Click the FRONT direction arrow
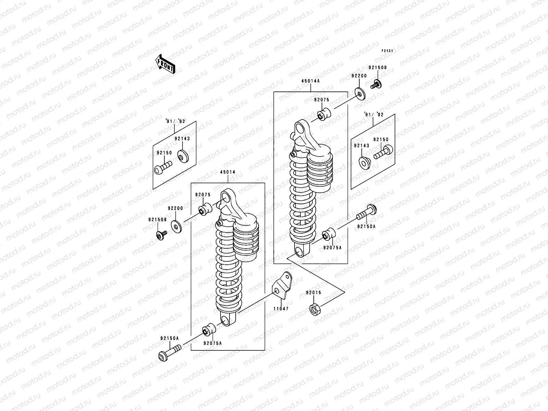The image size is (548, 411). pos(165,64)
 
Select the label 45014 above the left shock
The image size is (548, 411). pos(227,172)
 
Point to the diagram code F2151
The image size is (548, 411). pos(388,51)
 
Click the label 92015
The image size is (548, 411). pos(313,293)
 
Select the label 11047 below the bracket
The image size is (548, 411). pos(281,309)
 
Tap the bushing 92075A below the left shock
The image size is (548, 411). pos(208,330)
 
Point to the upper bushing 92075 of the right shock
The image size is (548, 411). pos(323,115)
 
